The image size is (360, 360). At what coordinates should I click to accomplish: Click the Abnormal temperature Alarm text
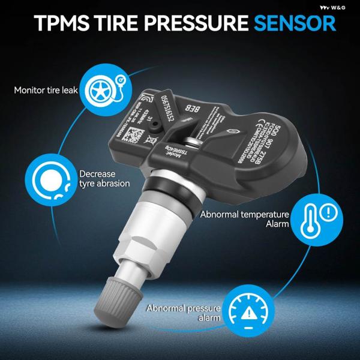245,218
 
